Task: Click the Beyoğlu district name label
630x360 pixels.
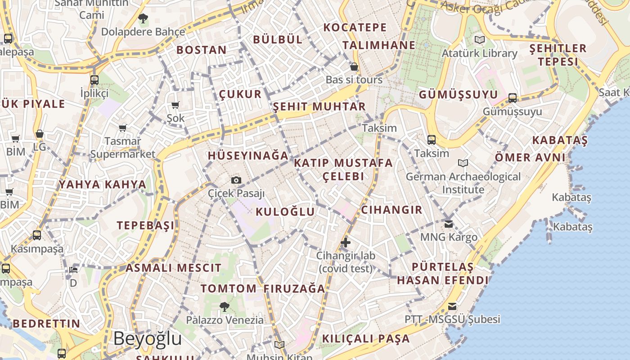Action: coord(147,339)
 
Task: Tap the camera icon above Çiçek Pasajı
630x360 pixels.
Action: coord(236,180)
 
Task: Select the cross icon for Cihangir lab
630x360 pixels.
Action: coord(346,243)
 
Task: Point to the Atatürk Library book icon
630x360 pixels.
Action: coord(480,40)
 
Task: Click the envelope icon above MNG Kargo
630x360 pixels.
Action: coord(449,224)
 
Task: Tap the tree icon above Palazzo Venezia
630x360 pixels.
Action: coord(224,307)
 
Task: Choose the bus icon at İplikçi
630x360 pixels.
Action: coord(94,80)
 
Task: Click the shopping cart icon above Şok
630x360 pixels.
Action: coord(175,105)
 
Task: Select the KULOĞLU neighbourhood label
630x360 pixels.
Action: coord(285,211)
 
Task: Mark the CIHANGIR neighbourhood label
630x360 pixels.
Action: coord(392,210)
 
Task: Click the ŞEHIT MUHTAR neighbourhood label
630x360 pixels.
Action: coord(319,107)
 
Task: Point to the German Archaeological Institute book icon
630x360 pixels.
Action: coord(463,163)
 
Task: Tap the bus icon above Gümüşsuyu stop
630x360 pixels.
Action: coord(513,98)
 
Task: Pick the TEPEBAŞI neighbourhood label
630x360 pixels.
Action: coord(145,225)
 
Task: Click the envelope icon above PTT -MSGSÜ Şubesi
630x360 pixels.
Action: coord(452,306)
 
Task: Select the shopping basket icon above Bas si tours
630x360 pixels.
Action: coord(354,67)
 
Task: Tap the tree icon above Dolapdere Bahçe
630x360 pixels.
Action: coord(143,18)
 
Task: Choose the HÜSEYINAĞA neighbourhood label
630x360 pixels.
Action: coord(248,156)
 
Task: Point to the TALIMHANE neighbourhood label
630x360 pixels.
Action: coord(379,45)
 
